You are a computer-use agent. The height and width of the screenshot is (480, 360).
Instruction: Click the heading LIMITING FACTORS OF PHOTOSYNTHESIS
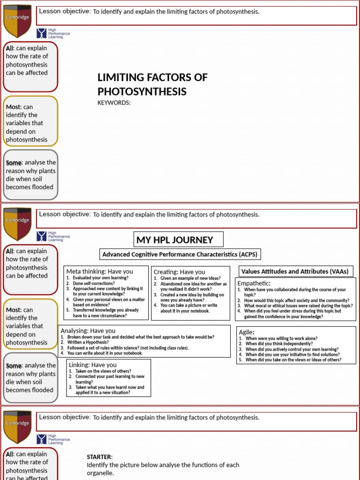(152, 84)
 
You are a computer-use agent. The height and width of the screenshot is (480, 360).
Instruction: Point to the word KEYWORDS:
(114, 103)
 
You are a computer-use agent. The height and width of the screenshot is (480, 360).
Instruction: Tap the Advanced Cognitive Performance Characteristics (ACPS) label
(180, 254)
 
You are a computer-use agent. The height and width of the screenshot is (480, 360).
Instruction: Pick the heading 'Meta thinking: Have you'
(99, 271)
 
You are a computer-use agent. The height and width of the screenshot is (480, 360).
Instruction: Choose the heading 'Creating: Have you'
(180, 272)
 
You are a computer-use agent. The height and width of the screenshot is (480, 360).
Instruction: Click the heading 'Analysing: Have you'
(88, 330)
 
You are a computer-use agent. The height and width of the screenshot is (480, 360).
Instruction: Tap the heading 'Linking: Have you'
(93, 365)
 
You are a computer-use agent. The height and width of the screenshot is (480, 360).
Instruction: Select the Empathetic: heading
(254, 283)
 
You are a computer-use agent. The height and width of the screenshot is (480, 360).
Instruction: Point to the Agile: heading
(247, 332)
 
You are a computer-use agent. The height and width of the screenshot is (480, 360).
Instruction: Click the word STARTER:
(100, 457)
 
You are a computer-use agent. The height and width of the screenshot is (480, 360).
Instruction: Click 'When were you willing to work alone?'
(281, 338)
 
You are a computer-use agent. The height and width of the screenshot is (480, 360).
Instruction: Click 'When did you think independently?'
(279, 344)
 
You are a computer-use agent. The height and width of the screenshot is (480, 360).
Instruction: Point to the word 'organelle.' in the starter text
(100, 473)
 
